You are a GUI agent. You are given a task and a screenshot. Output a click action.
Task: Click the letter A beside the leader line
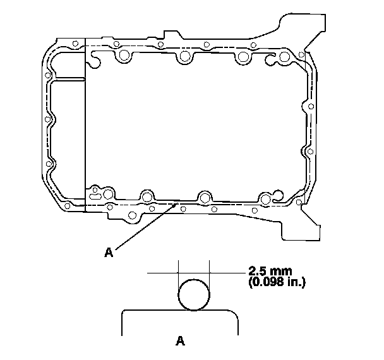[109, 252]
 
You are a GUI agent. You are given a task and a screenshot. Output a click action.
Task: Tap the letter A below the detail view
[180, 340]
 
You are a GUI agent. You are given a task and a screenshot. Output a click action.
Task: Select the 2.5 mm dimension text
[270, 271]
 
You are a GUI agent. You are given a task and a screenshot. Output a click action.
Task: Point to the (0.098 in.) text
[277, 282]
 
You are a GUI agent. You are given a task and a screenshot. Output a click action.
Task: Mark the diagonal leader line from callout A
[147, 225]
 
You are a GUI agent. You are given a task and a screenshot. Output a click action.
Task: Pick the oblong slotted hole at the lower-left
[95, 196]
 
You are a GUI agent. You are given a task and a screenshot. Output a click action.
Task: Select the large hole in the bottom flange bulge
[132, 215]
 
